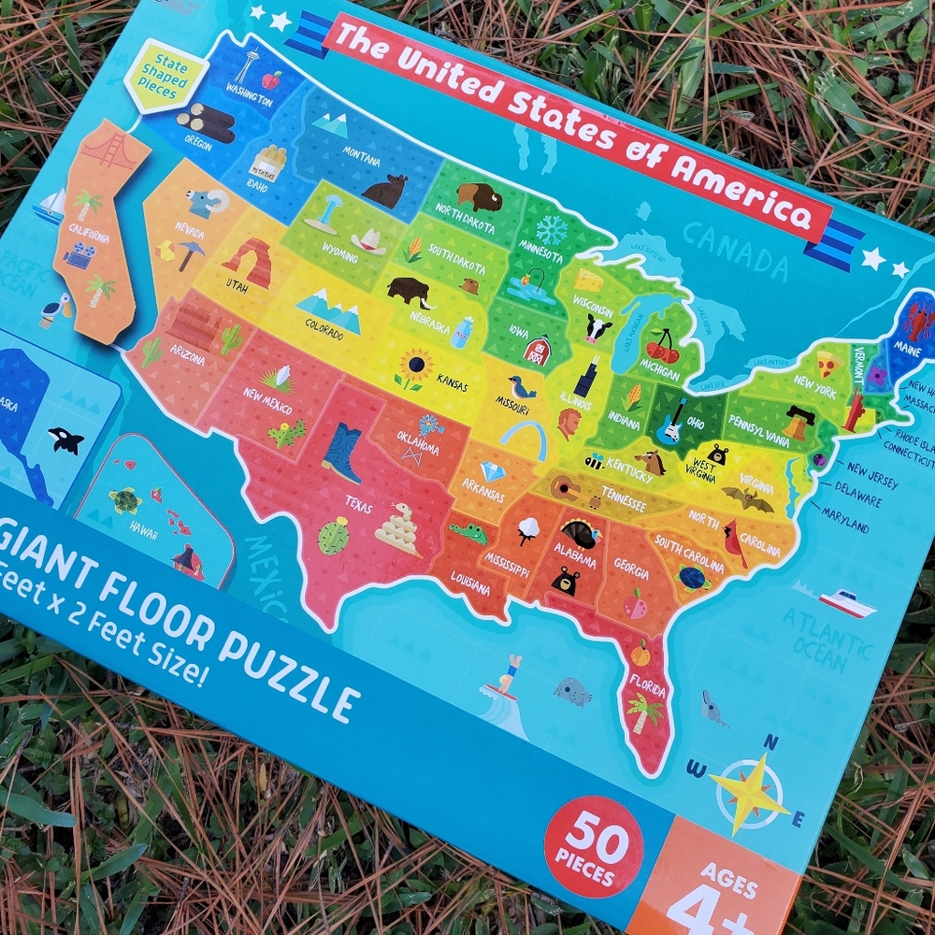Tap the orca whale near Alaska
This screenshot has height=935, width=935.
tap(65, 440)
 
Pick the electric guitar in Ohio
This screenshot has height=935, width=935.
tap(670, 422)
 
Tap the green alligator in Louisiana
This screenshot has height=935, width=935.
tap(467, 533)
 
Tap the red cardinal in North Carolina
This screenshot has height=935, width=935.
tap(734, 543)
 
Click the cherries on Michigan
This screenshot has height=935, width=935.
tap(664, 347)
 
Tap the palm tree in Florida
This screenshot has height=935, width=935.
tap(645, 712)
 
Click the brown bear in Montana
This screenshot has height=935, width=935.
tap(385, 192)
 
